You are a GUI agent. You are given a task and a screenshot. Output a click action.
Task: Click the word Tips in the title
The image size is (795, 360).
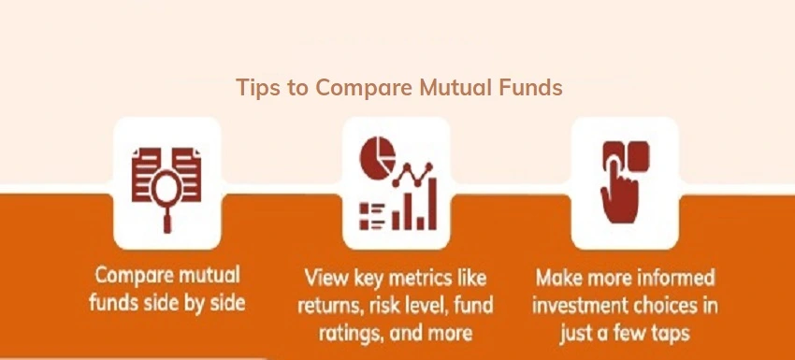click(254, 88)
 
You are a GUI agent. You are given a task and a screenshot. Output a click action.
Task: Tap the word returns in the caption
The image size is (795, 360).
click(328, 306)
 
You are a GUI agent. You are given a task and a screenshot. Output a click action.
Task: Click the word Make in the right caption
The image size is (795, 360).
click(557, 280)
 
